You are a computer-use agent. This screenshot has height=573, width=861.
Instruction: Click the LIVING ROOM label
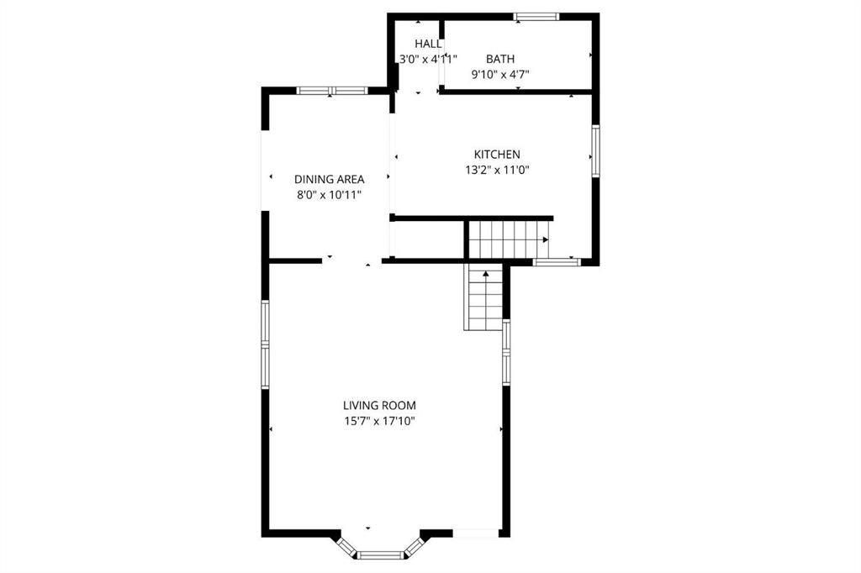[x=379, y=406]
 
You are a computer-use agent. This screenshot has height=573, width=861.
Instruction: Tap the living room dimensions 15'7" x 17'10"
[x=379, y=422]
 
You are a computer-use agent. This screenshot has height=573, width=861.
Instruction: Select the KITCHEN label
[x=497, y=155]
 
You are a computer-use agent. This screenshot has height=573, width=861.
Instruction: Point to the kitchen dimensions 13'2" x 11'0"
[x=497, y=171]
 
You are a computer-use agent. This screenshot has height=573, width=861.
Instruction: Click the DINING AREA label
[x=330, y=179]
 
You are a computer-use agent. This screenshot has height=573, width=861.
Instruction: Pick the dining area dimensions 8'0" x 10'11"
[x=330, y=195]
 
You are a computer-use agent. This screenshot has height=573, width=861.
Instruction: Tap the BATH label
[x=500, y=59]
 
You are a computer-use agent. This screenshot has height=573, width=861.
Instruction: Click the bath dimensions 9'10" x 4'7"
[x=500, y=74]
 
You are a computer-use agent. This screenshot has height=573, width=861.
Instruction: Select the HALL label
[x=428, y=44]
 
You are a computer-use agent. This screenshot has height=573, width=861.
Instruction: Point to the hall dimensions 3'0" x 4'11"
[x=428, y=59]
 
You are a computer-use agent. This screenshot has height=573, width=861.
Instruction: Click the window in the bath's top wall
[x=536, y=17]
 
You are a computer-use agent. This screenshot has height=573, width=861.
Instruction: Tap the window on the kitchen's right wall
[x=595, y=151]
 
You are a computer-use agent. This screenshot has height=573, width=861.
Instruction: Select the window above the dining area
[x=332, y=91]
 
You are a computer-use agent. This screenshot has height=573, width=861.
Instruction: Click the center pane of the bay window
[x=380, y=555]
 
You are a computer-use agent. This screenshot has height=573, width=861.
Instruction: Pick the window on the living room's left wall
[x=265, y=344]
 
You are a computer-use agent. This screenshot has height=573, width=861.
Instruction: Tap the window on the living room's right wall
[x=506, y=352]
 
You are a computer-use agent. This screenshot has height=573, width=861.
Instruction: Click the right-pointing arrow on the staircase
[x=545, y=239]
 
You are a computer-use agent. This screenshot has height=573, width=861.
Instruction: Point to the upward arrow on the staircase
[x=485, y=273]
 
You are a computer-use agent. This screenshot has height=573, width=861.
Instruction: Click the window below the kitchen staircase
[x=557, y=262]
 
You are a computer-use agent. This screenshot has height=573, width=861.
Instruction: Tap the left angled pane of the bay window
[x=347, y=547]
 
